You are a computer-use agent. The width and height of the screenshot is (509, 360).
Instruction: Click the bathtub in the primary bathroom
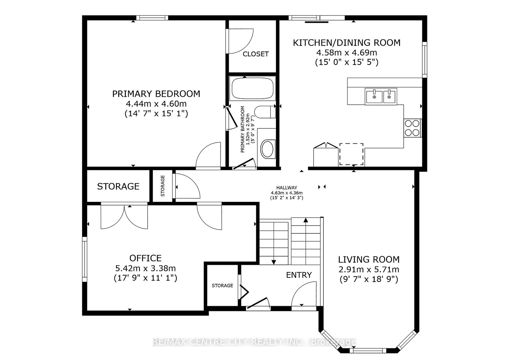click(253, 88)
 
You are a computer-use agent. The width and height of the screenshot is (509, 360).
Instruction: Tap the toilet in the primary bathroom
click(265, 112)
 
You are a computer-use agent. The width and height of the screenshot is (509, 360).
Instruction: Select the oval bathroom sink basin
click(268, 149)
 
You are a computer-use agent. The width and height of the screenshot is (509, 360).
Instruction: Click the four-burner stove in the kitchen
click(412, 128)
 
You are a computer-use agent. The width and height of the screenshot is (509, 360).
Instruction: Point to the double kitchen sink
click(381, 97)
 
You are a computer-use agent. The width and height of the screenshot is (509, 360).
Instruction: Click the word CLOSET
click(256, 54)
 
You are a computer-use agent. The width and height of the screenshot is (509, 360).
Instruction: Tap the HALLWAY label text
click(286, 188)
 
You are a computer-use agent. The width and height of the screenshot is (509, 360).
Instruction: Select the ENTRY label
click(299, 275)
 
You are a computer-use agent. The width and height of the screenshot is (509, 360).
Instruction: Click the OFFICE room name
click(145, 258)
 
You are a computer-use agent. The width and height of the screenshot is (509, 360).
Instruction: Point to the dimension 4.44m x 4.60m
click(156, 104)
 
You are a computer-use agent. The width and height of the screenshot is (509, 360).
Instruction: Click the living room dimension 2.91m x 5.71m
click(369, 269)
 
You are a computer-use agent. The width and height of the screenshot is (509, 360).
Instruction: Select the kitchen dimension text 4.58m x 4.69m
click(347, 53)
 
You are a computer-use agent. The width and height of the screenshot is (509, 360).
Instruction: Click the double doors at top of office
click(124, 216)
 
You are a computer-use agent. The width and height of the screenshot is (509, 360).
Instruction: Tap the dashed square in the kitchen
click(351, 154)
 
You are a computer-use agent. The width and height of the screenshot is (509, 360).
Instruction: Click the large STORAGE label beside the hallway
click(118, 186)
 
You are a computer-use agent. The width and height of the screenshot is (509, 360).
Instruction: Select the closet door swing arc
click(240, 41)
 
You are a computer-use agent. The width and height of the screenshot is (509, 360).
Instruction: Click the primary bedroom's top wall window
click(152, 18)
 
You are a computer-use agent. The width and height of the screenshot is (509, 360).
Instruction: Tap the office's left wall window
click(85, 259)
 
